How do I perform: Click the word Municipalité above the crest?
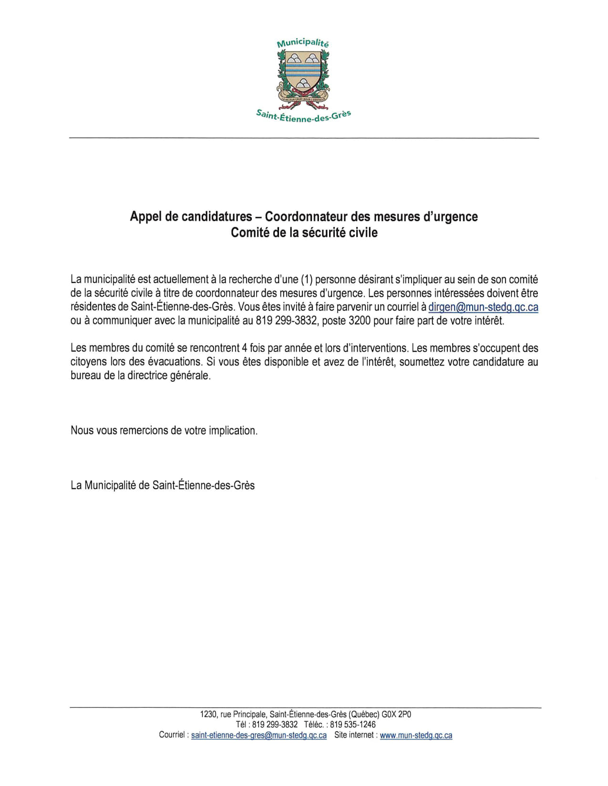tap(303, 43)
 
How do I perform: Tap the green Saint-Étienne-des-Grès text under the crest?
tap(303, 116)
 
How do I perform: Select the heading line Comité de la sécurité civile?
tap(304, 232)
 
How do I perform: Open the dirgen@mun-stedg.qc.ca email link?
tap(483, 307)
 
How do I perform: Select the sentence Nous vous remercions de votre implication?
tap(164, 431)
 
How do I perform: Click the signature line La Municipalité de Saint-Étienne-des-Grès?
tap(163, 485)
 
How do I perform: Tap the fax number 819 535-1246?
tap(353, 725)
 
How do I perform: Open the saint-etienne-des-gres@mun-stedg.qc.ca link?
tap(259, 736)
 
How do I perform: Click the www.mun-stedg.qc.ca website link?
tap(416, 736)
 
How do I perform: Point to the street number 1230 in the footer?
tap(208, 715)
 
